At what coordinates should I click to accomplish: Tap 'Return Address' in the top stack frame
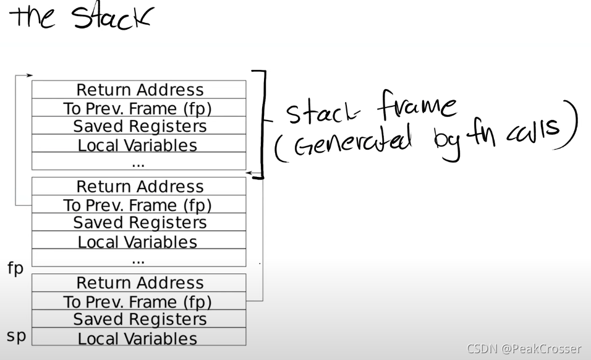click(140, 90)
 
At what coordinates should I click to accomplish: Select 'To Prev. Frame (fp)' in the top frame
click(138, 108)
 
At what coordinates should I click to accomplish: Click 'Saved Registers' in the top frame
click(140, 126)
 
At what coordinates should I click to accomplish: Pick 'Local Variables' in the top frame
click(138, 145)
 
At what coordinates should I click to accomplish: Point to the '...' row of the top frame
click(138, 162)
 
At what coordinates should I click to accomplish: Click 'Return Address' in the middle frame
click(140, 186)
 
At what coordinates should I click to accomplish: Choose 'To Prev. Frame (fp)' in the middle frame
click(138, 205)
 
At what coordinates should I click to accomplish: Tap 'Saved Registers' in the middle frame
click(140, 223)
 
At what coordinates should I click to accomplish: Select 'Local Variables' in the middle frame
click(138, 242)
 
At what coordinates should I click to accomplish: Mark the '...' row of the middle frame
click(138, 259)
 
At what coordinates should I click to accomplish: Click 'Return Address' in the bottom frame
click(140, 283)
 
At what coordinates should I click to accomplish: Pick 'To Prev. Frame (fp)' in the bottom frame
click(138, 301)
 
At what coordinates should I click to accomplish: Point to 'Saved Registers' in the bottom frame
click(140, 319)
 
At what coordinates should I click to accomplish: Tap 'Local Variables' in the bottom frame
click(138, 338)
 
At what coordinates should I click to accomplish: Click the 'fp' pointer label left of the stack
click(15, 269)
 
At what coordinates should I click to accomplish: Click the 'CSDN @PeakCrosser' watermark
click(524, 349)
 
